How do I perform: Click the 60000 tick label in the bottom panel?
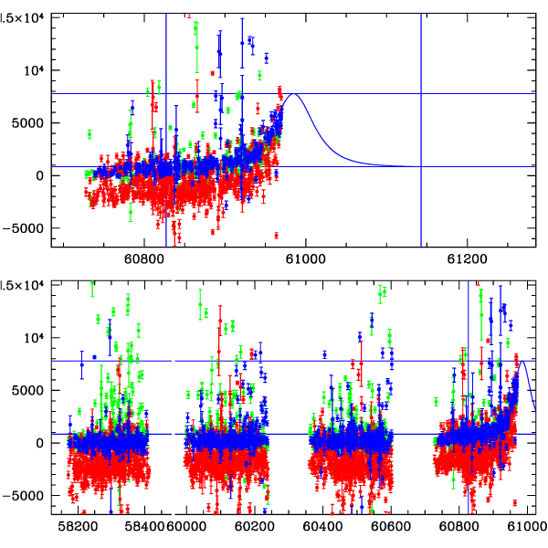click(x=190, y=527)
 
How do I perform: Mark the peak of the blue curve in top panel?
click(x=294, y=94)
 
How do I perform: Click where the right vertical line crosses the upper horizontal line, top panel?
click(x=421, y=93)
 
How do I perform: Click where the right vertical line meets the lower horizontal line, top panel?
click(x=421, y=166)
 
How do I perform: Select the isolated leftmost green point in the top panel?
click(x=90, y=134)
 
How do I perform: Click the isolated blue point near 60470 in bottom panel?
click(x=324, y=354)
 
